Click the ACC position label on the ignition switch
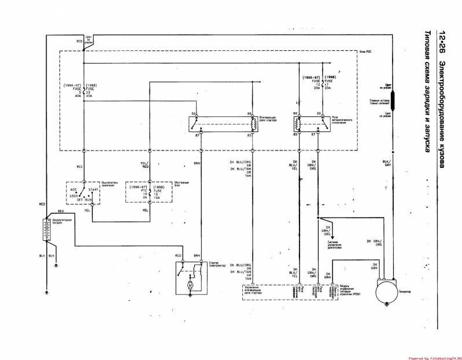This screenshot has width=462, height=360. (x=73, y=189)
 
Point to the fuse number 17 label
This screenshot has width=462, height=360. (x=328, y=85)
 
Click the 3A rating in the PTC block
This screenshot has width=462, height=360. (x=138, y=197)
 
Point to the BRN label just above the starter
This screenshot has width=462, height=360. (x=197, y=255)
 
